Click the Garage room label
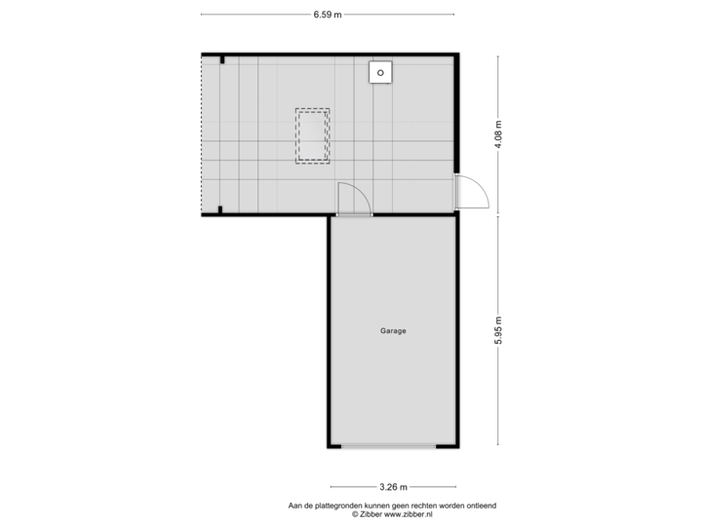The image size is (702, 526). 393,331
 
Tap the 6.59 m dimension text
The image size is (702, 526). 328,15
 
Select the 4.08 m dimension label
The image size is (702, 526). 498,132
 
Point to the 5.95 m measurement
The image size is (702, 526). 498,330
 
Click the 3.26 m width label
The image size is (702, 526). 393,487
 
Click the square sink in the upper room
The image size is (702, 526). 380,72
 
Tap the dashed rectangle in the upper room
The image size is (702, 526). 312,134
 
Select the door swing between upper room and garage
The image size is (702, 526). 353,199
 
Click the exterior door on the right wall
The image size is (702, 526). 473,192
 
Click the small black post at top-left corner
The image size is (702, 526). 222,60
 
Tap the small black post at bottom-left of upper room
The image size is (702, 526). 221,208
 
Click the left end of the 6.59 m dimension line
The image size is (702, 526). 202,15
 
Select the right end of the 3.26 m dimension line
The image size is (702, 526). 455,487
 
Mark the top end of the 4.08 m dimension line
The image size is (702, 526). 498,56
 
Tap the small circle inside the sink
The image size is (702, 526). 380,72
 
